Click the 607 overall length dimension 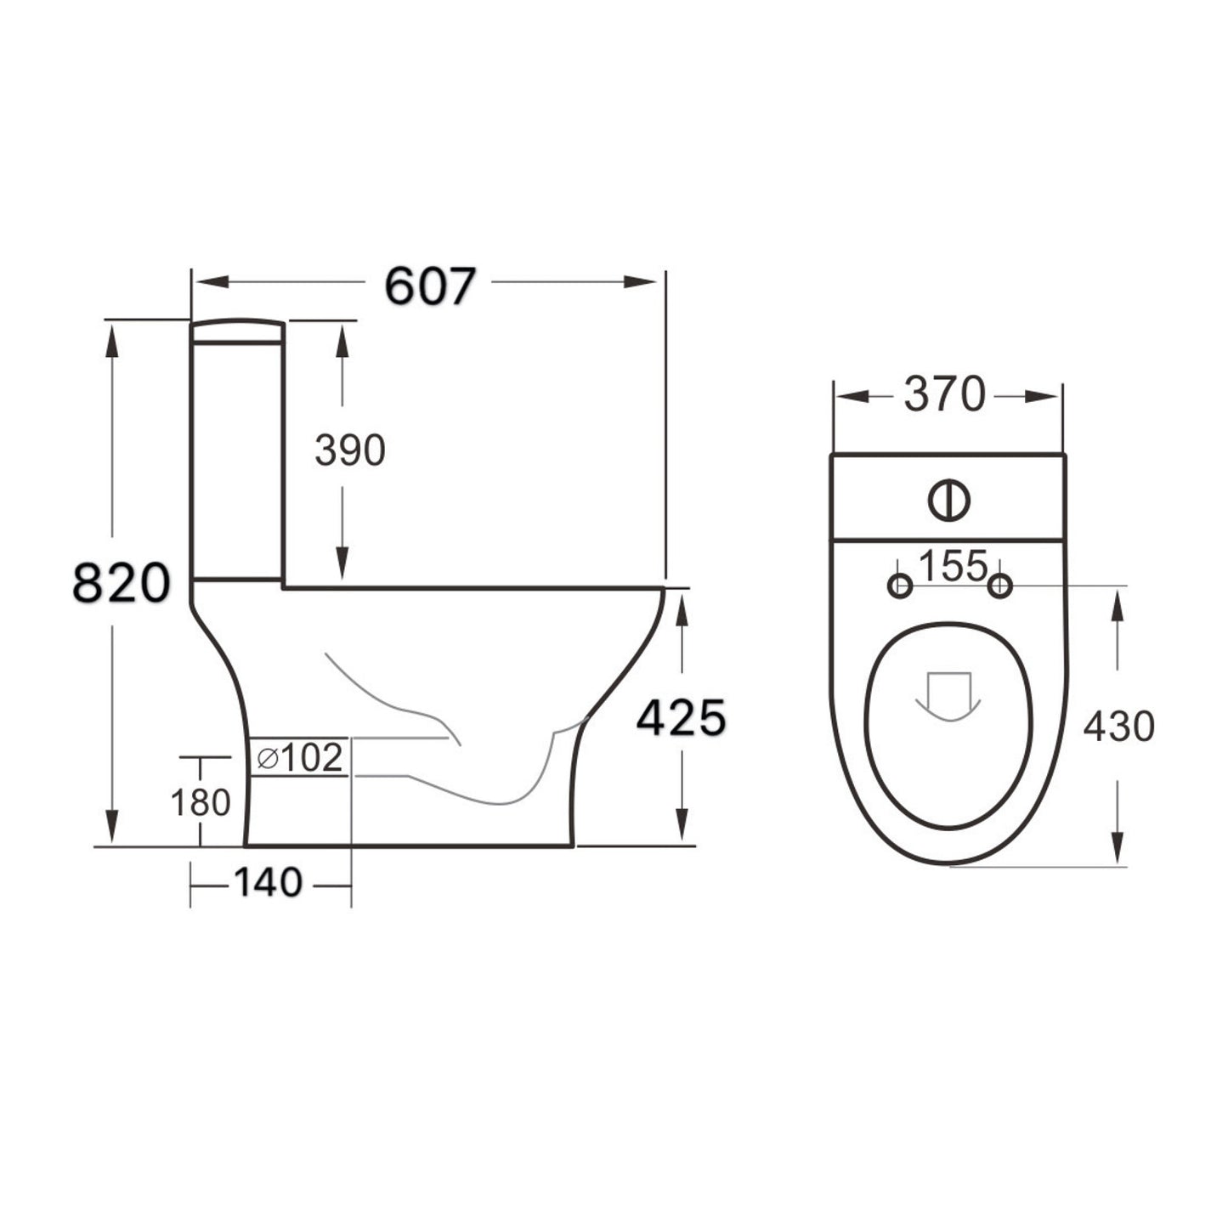[x=430, y=286]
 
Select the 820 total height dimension [x=121, y=583]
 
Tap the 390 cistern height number [x=349, y=450]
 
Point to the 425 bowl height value [x=682, y=719]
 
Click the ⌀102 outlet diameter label [x=300, y=757]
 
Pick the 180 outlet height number [x=201, y=801]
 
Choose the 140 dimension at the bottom [x=268, y=883]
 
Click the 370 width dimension [x=944, y=394]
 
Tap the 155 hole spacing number [x=953, y=566]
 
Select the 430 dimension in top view [x=1118, y=726]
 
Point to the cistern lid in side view [x=237, y=331]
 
